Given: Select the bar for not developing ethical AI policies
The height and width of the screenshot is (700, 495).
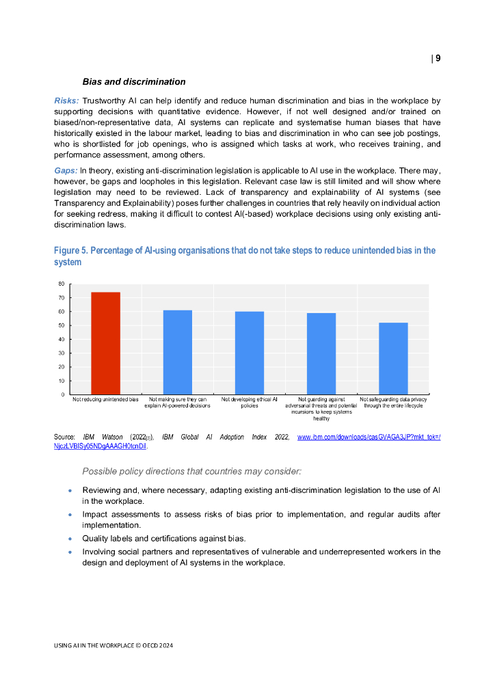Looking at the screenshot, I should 250,353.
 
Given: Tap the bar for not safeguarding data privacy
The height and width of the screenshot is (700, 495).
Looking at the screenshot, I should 393,358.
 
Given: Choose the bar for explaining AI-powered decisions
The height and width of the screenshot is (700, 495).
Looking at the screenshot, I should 178,352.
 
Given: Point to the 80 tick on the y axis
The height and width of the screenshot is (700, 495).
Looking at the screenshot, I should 62,284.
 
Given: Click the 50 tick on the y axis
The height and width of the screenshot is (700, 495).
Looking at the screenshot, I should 62,325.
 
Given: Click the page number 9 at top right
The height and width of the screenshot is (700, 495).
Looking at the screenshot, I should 438,58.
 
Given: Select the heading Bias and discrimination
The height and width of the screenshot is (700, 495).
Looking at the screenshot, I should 134,82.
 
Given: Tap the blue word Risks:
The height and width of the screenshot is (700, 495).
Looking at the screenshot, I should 66,100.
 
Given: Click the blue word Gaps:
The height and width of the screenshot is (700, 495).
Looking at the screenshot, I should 66,170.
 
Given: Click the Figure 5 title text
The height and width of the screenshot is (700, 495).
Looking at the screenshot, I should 245,256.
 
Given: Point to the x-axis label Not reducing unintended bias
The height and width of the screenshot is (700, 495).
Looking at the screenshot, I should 106,399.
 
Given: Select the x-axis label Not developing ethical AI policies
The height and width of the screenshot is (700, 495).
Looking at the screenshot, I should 250,402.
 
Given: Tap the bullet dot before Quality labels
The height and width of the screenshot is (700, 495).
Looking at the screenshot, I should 70,539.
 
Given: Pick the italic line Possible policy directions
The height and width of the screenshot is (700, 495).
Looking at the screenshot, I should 191,472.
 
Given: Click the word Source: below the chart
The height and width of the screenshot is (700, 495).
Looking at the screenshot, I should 64,436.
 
